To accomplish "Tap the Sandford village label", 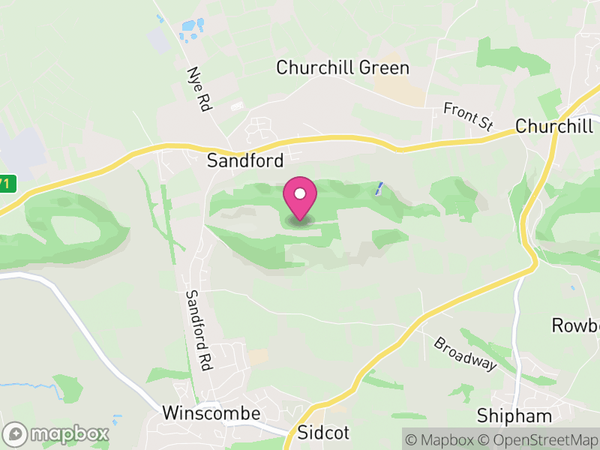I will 245,160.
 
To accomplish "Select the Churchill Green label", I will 343,68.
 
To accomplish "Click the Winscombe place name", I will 211,413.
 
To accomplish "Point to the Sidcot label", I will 323,433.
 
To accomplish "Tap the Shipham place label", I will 514,416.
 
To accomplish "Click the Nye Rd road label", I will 199,88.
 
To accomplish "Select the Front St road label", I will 467,118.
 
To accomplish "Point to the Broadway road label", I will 465,352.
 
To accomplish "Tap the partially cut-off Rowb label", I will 575,325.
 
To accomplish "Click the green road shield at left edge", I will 7,183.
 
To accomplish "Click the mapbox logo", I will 55,434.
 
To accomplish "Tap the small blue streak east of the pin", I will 379,187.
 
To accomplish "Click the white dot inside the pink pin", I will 300,194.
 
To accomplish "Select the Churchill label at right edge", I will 554,126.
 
